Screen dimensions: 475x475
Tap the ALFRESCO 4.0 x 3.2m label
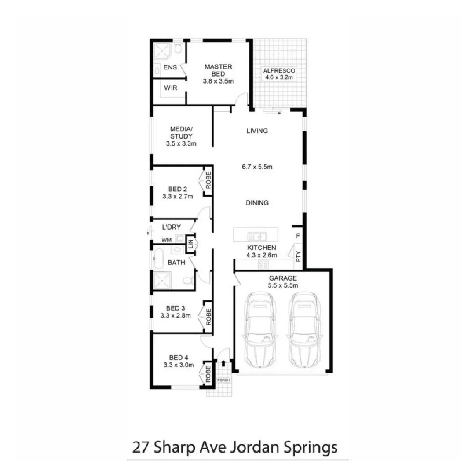click(279, 74)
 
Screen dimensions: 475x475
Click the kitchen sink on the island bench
click(256, 235)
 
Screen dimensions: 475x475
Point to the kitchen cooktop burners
click(263, 264)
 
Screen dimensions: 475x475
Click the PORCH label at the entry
click(223, 380)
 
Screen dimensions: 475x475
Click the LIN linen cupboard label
click(191, 245)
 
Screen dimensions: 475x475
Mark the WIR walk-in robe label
click(171, 88)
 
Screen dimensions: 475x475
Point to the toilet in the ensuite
click(178, 48)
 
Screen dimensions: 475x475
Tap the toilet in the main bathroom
click(187, 281)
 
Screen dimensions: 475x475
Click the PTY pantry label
click(298, 256)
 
